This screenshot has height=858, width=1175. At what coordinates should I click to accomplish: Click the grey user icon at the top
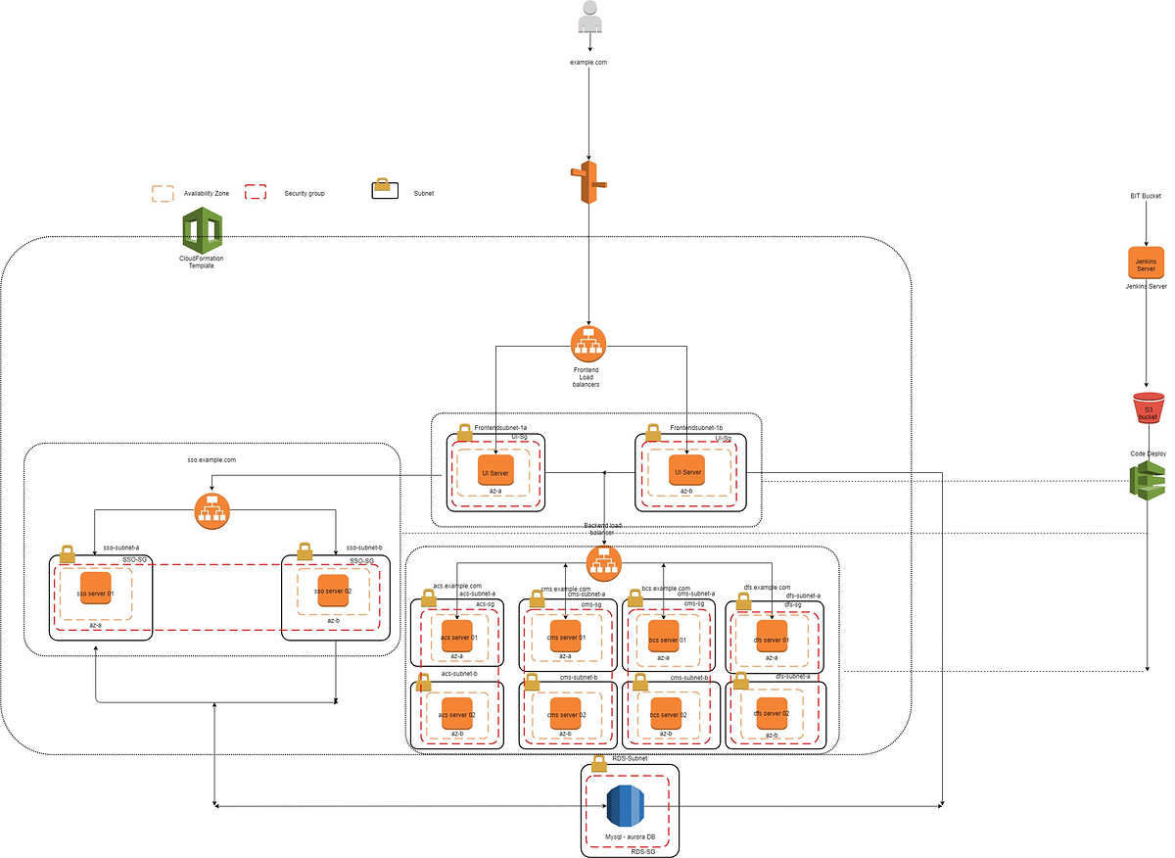point(589,19)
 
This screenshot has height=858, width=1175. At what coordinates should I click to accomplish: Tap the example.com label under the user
point(589,63)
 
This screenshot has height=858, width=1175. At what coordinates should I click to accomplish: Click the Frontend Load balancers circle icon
point(588,342)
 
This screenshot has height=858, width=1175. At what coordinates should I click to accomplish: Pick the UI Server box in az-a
point(494,472)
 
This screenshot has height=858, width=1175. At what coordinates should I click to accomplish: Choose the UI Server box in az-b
point(685,472)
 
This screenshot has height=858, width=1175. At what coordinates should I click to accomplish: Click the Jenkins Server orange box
point(1146,264)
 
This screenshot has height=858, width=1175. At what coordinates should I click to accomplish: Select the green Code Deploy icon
point(1146,481)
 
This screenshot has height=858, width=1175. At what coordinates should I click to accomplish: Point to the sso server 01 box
point(96,593)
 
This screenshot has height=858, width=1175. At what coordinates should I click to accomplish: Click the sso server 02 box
point(333,592)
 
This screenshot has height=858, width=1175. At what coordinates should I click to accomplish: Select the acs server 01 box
point(458,637)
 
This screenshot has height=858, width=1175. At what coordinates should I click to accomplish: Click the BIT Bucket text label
point(1145,196)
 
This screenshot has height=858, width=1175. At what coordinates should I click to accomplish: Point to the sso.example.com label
point(211,458)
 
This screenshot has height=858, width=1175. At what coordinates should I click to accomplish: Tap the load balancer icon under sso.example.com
point(211,511)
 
